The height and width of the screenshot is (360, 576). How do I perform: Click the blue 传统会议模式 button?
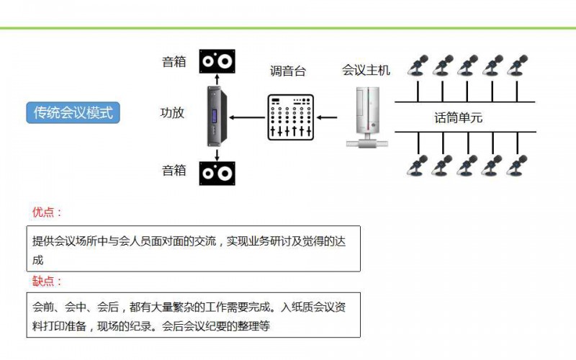tap(73, 112)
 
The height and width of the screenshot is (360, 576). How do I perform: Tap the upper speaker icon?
tap(217, 61)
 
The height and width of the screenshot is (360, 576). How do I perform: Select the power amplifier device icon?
tap(217, 114)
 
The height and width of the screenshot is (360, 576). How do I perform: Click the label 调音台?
tap(288, 71)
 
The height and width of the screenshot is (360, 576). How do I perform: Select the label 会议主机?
tap(366, 70)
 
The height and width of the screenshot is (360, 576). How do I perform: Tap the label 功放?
tap(172, 112)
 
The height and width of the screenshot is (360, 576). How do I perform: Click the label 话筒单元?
tap(459, 117)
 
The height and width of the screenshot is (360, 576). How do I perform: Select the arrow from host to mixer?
tap(328, 117)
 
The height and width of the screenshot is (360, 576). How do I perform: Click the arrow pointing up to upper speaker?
tap(217, 79)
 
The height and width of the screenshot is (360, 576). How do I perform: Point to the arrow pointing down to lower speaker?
tap(217, 154)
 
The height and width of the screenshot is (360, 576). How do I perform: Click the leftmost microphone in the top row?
tap(416, 66)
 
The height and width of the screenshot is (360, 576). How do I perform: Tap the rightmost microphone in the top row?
tap(517, 66)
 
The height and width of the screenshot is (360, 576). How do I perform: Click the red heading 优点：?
tap(47, 212)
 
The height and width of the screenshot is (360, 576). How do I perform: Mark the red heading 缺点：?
tap(47, 282)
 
